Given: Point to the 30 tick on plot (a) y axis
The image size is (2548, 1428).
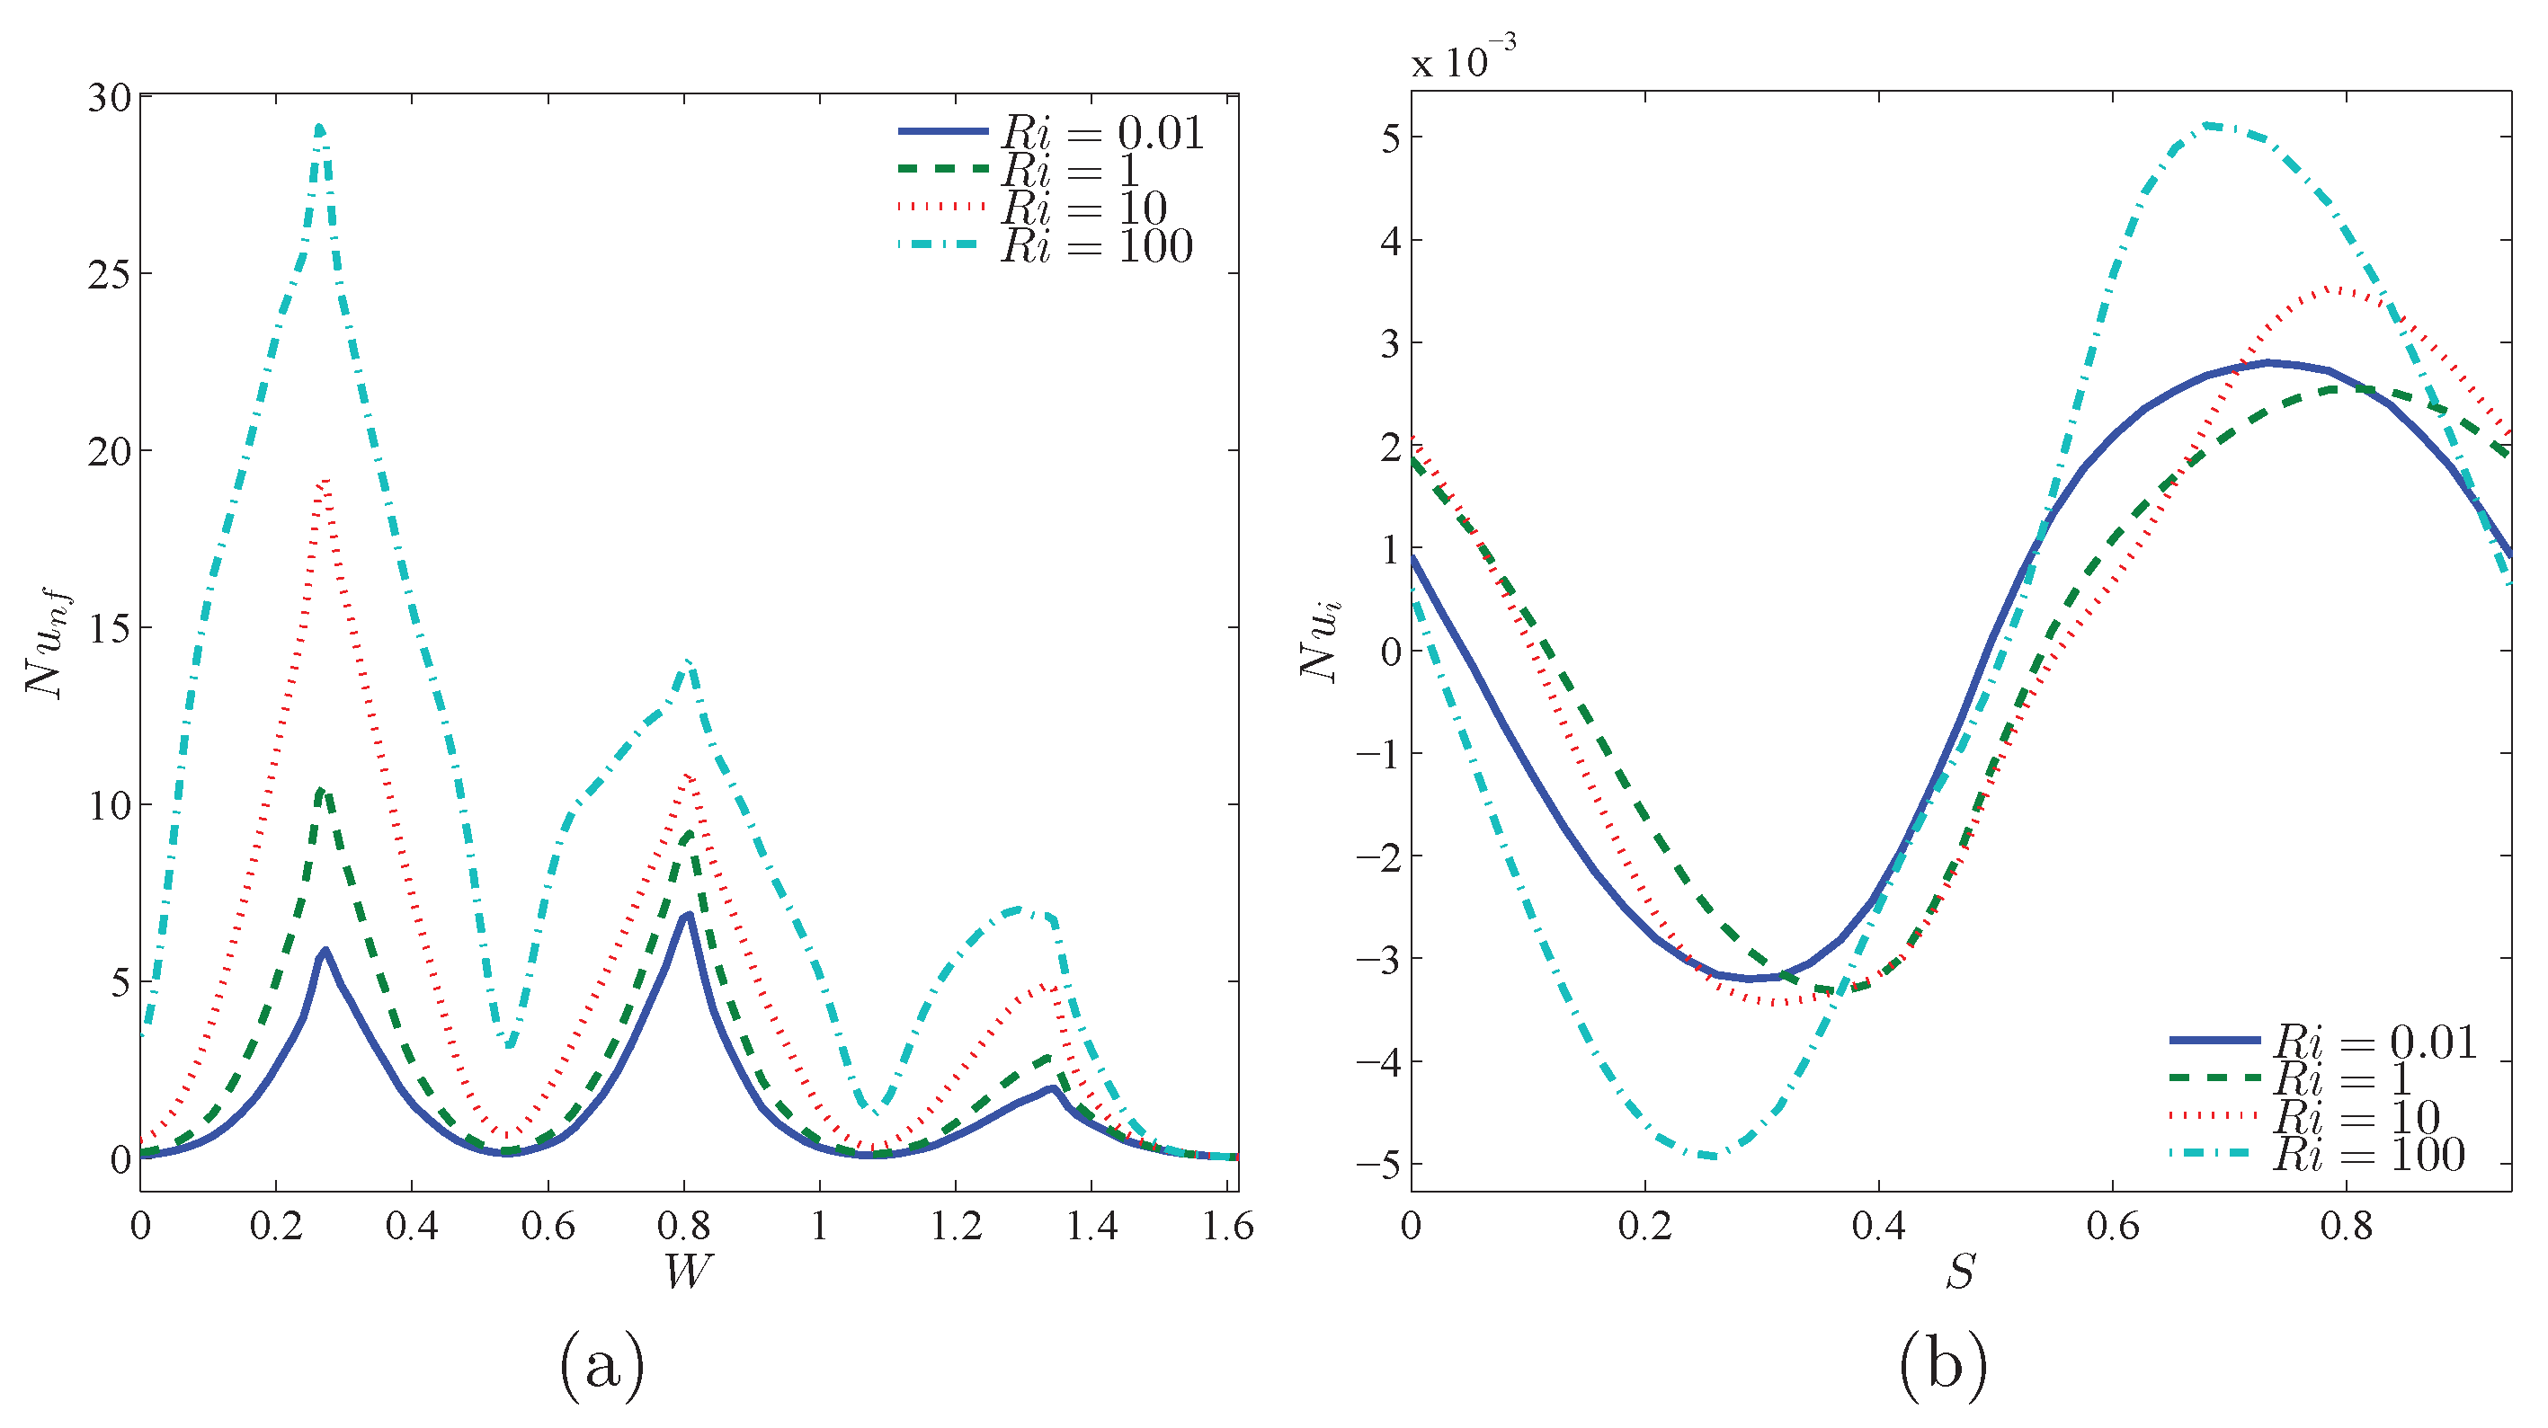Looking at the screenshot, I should (x=109, y=98).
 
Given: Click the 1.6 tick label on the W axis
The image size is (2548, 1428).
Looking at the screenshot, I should (x=1226, y=1227).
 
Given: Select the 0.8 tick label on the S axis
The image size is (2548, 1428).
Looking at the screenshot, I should (x=2347, y=1227).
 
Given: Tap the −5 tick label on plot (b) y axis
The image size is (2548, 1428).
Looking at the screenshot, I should (x=1378, y=1164).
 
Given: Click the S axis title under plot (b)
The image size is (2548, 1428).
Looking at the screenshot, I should (x=1961, y=1272).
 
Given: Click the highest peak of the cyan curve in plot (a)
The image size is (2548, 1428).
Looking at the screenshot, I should (x=318, y=128).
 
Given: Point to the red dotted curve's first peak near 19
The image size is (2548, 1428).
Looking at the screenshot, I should (x=323, y=482).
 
